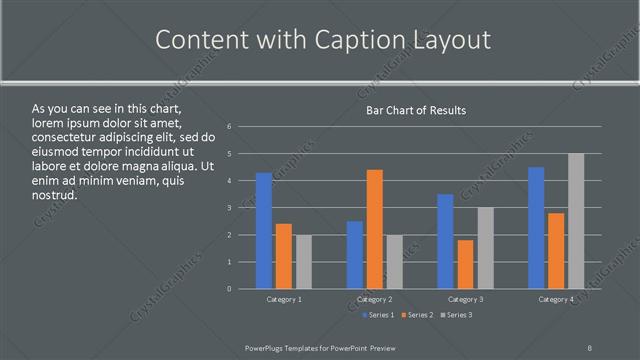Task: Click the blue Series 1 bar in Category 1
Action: click(x=264, y=231)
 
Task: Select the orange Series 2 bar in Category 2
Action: click(x=375, y=229)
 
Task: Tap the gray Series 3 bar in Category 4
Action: click(x=576, y=221)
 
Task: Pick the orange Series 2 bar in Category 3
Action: click(x=466, y=264)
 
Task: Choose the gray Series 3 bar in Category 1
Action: click(x=304, y=262)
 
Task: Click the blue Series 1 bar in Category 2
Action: click(x=355, y=255)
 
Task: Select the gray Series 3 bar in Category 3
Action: click(x=486, y=248)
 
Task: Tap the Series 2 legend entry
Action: click(x=418, y=315)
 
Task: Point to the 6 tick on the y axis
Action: click(x=230, y=127)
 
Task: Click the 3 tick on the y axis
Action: click(x=230, y=208)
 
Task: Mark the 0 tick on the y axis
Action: click(x=230, y=289)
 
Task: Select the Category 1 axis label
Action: click(x=284, y=299)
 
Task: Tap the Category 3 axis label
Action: click(x=465, y=299)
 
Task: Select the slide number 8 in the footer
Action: click(x=590, y=347)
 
